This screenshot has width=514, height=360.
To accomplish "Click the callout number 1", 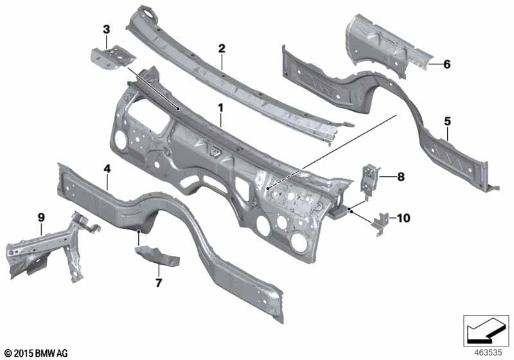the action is [x=220, y=107].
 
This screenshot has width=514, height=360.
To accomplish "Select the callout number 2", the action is [x=222, y=49].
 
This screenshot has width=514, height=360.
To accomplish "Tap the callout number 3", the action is [x=106, y=30].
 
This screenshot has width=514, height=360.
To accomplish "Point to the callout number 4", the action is [x=107, y=169].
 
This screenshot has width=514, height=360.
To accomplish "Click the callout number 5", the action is [x=447, y=122].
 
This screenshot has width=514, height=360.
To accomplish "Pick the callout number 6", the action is [x=447, y=64].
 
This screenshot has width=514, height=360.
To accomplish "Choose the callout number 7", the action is [x=159, y=283].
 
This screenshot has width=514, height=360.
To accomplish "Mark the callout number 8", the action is [x=401, y=177].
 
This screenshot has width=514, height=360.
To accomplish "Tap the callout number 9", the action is [x=41, y=217].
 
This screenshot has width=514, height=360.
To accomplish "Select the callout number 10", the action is [x=403, y=218].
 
